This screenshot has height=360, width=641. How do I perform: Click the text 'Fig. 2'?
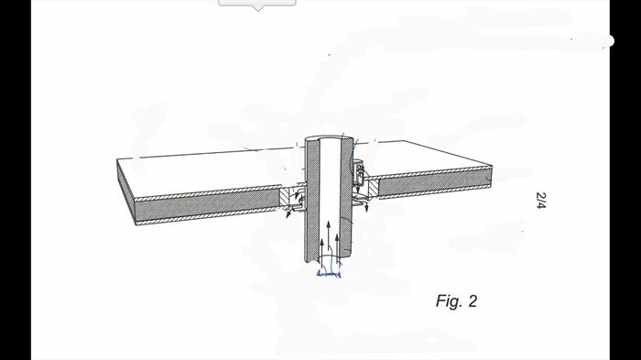tap(456, 301)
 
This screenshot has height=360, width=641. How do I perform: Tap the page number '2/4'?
tap(541, 201)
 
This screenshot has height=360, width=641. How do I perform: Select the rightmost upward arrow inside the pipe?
tap(337, 247)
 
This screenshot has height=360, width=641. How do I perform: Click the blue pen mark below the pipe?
tap(329, 273)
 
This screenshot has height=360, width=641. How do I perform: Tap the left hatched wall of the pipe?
tap(311, 201)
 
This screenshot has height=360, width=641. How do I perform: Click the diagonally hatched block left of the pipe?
tap(286, 197)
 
